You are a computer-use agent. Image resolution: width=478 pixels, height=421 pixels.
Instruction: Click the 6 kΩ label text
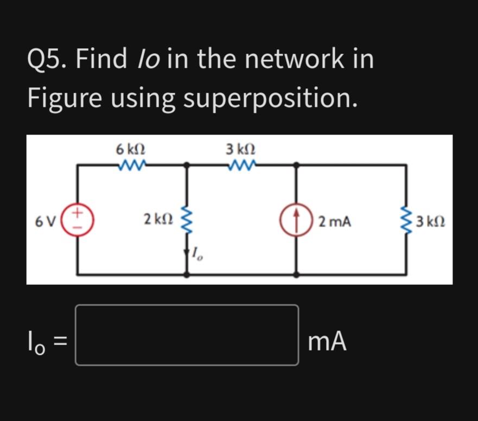(130, 148)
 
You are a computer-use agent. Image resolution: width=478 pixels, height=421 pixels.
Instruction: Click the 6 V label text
(44, 222)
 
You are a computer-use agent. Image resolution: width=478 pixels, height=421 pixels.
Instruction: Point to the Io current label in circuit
(198, 253)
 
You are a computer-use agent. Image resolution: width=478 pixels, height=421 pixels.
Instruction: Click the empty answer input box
(187, 335)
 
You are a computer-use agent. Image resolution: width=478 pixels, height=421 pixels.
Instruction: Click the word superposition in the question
(270, 98)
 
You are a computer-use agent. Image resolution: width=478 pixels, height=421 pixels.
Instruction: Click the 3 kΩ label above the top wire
(241, 148)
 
